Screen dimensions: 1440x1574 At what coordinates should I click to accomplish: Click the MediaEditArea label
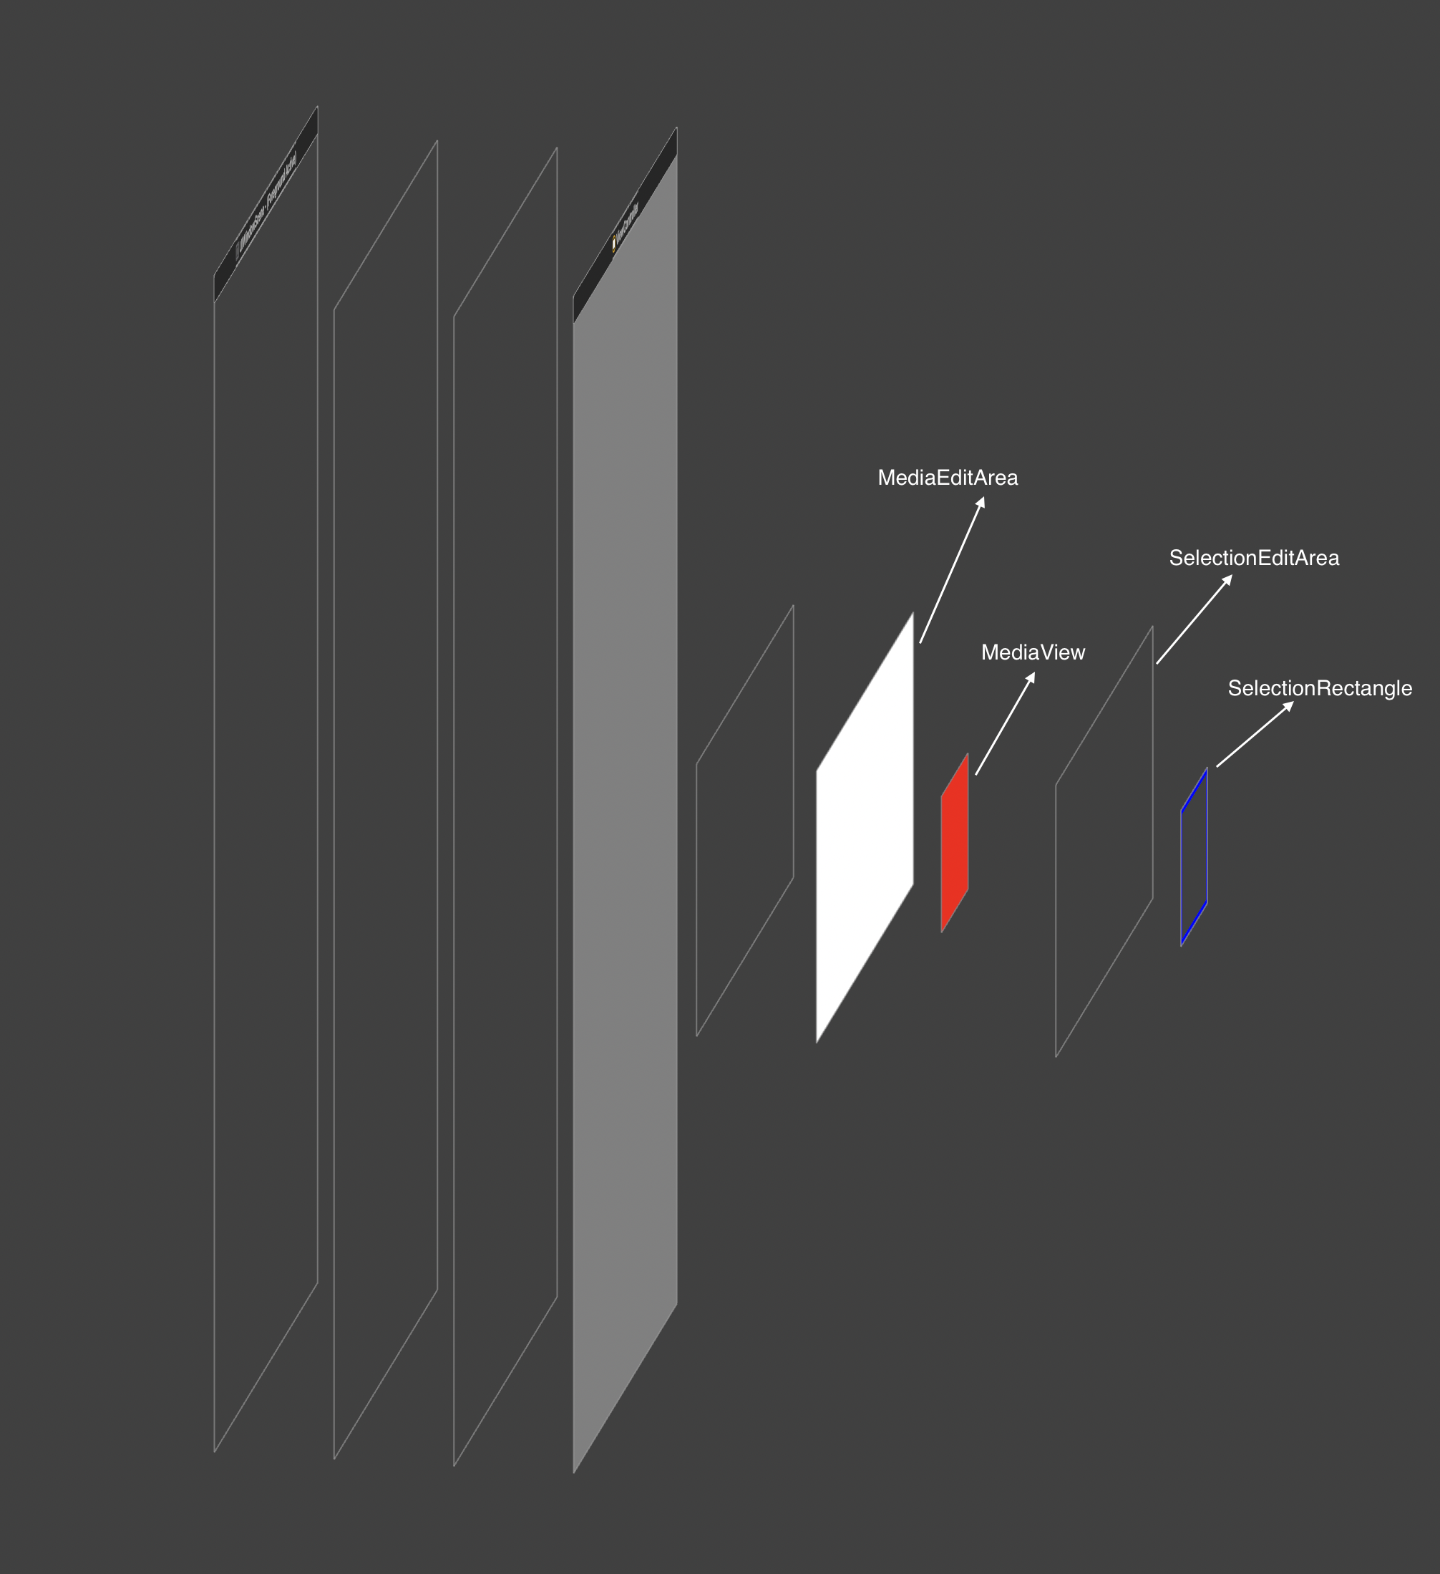(x=948, y=478)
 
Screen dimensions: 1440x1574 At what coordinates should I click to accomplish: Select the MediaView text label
(x=1033, y=652)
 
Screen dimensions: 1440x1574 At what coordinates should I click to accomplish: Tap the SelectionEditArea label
(x=1253, y=559)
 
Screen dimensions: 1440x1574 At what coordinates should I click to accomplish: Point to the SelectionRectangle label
(x=1320, y=689)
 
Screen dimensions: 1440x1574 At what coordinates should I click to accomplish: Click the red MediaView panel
(x=955, y=844)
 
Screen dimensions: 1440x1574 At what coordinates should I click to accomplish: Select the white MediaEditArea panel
(x=865, y=828)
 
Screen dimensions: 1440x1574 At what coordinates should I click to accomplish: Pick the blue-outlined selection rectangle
(x=1194, y=857)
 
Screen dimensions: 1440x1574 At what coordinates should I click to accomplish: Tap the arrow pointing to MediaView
(x=1004, y=725)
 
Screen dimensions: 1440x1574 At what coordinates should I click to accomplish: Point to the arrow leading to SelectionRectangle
(x=1254, y=735)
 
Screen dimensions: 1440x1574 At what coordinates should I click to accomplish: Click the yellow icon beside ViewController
(x=614, y=244)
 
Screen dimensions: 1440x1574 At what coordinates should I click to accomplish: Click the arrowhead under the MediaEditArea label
(x=981, y=502)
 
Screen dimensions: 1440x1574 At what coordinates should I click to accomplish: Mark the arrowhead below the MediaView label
(x=1031, y=677)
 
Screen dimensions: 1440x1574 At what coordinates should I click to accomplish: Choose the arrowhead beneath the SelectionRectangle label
(x=1288, y=707)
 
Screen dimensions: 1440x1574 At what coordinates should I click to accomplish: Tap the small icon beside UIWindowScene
(x=238, y=252)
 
